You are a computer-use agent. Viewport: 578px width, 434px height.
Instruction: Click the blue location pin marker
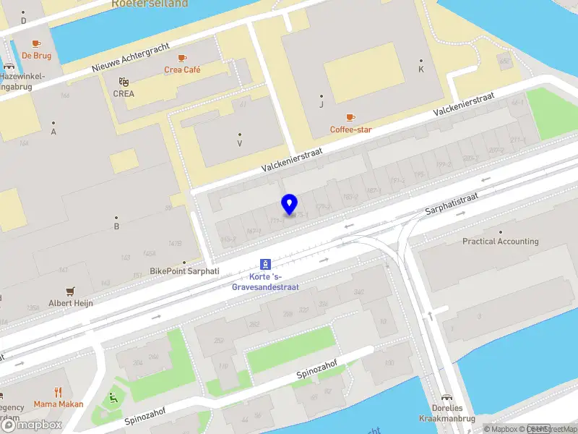[289, 204]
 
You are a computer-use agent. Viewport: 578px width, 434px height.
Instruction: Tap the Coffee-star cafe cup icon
[350, 116]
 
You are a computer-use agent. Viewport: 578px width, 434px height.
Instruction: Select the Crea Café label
[182, 70]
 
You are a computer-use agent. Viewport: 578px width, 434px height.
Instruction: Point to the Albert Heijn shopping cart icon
[70, 292]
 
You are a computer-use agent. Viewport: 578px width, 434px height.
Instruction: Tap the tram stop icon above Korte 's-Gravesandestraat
[265, 265]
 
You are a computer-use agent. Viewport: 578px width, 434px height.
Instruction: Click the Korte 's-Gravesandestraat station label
[265, 282]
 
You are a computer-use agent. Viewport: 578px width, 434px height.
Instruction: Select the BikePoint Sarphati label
[184, 271]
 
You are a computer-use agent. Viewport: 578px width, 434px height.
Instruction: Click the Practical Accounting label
[500, 242]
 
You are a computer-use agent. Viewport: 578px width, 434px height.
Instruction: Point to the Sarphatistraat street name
[452, 203]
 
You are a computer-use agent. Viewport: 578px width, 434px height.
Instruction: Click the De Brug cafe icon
[35, 43]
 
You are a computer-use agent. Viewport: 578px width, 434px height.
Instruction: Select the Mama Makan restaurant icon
[58, 393]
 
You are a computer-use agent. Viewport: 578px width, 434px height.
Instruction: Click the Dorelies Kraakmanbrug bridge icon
[447, 397]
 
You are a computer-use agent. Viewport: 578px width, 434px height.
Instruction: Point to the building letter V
[240, 143]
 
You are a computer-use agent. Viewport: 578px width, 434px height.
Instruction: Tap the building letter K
[421, 69]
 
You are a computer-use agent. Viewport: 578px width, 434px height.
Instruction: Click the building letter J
[322, 105]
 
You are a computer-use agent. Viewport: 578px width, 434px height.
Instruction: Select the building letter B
[116, 226]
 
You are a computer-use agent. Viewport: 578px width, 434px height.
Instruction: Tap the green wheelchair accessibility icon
[113, 397]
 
